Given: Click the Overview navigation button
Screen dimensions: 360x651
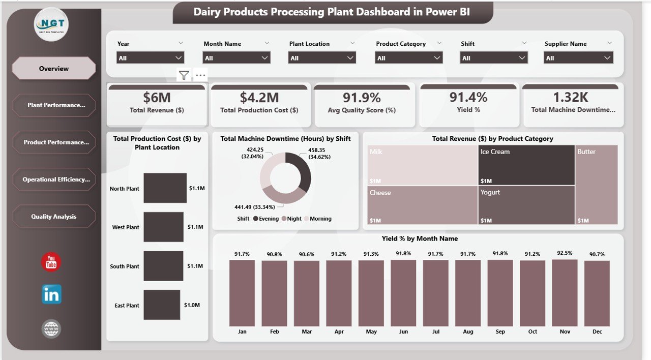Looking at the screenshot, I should (x=53, y=69).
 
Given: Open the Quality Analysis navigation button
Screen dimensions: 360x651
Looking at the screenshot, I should (x=53, y=217).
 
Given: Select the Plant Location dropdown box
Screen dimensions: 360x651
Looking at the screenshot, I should (x=322, y=58).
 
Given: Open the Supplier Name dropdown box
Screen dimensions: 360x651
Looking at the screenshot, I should (x=578, y=58).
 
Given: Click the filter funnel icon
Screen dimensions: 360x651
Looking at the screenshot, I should (x=184, y=76).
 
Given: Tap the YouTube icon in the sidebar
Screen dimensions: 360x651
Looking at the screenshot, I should (x=51, y=262).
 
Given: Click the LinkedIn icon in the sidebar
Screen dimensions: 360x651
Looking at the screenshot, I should (x=51, y=294).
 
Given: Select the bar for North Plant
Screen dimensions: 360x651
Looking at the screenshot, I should (x=165, y=188).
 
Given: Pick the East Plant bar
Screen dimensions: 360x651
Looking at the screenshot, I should (x=162, y=305).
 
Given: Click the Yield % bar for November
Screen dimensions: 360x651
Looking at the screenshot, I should (x=565, y=293).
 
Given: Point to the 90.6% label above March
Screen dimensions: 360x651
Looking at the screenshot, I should (x=306, y=254).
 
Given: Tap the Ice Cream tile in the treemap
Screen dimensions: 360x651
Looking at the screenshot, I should (x=526, y=165).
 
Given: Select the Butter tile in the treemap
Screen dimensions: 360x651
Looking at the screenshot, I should (x=597, y=185).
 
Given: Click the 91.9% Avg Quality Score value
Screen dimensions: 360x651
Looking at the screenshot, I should (x=362, y=97).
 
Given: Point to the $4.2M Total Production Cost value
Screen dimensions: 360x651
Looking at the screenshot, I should (x=259, y=97).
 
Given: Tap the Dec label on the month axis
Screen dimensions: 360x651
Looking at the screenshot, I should (x=597, y=332).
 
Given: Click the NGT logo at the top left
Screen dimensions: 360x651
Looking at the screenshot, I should (x=51, y=24).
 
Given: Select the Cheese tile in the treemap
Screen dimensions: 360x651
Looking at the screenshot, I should (x=422, y=205).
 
